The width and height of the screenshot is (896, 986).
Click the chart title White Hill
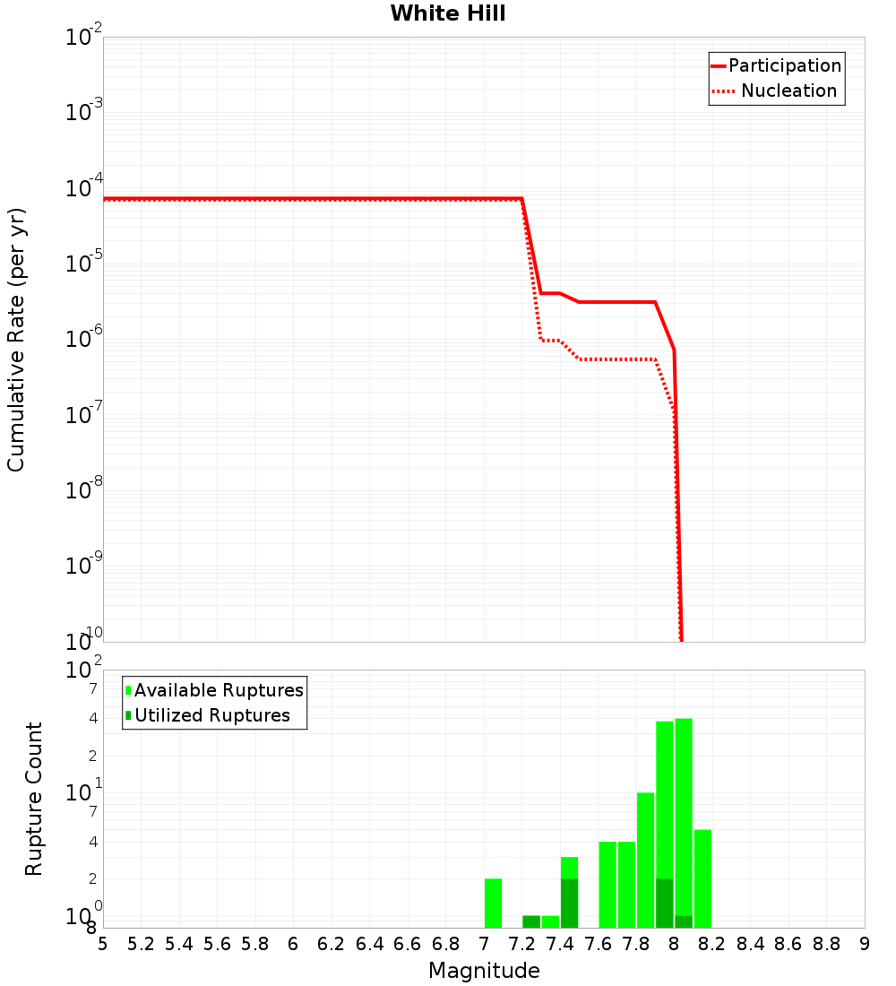coord(448,13)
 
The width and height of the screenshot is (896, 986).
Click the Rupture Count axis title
coord(34,799)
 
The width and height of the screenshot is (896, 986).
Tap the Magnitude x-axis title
coord(484,971)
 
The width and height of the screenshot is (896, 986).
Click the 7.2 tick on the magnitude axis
coord(522,944)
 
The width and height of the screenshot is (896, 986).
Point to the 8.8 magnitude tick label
coord(827,944)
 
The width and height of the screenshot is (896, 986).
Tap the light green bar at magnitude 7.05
coord(493,903)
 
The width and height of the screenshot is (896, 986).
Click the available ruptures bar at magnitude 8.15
coord(702,878)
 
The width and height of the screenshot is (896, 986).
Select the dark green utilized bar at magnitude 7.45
coord(569,903)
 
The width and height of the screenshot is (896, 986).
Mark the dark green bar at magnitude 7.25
coord(531,921)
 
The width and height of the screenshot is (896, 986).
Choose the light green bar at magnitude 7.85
coord(645,860)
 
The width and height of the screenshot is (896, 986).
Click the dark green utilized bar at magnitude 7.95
coord(665,903)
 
